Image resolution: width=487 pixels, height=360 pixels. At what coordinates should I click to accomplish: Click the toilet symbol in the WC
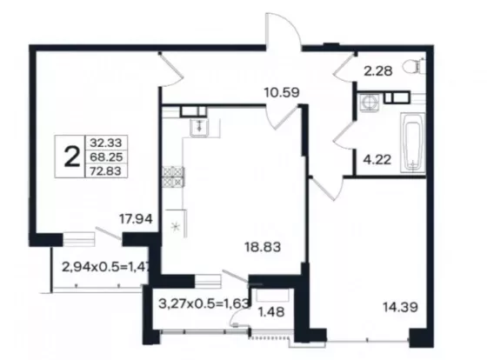pyautogui.click(x=414, y=66)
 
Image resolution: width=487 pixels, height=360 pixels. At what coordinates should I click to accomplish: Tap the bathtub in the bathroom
pyautogui.click(x=412, y=143)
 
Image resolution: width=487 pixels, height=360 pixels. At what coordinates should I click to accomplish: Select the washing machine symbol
pyautogui.click(x=369, y=102)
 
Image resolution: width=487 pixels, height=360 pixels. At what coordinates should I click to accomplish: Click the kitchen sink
pyautogui.click(x=199, y=126)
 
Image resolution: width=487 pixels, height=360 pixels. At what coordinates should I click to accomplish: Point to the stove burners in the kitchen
pyautogui.click(x=173, y=177)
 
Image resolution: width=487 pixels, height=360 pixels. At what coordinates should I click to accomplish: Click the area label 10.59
pyautogui.click(x=282, y=92)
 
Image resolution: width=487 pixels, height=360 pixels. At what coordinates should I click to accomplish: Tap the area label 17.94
pyautogui.click(x=136, y=219)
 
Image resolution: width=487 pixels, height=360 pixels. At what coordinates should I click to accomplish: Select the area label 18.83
pyautogui.click(x=263, y=247)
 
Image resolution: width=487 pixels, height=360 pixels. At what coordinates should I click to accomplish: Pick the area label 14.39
pyautogui.click(x=400, y=308)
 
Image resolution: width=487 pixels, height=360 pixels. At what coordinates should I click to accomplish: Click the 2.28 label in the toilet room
pyautogui.click(x=378, y=71)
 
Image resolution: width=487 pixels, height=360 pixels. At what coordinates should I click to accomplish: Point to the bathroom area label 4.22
pyautogui.click(x=377, y=160)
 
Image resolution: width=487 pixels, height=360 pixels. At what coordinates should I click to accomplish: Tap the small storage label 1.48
pyautogui.click(x=271, y=312)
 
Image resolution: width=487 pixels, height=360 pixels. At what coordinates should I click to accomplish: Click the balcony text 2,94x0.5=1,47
pyautogui.click(x=106, y=267)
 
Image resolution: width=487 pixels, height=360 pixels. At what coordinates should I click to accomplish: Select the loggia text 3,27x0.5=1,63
pyautogui.click(x=204, y=303)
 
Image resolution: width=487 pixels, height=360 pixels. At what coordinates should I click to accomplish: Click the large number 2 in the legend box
pyautogui.click(x=72, y=157)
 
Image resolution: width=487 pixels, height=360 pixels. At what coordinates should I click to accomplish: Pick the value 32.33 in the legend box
pyautogui.click(x=106, y=143)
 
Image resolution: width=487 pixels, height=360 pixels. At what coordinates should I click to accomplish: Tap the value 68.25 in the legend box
pyautogui.click(x=106, y=157)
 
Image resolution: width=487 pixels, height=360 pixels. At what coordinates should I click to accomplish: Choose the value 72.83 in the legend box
pyautogui.click(x=106, y=170)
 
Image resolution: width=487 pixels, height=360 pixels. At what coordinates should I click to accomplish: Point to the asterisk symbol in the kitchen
pyautogui.click(x=176, y=226)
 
